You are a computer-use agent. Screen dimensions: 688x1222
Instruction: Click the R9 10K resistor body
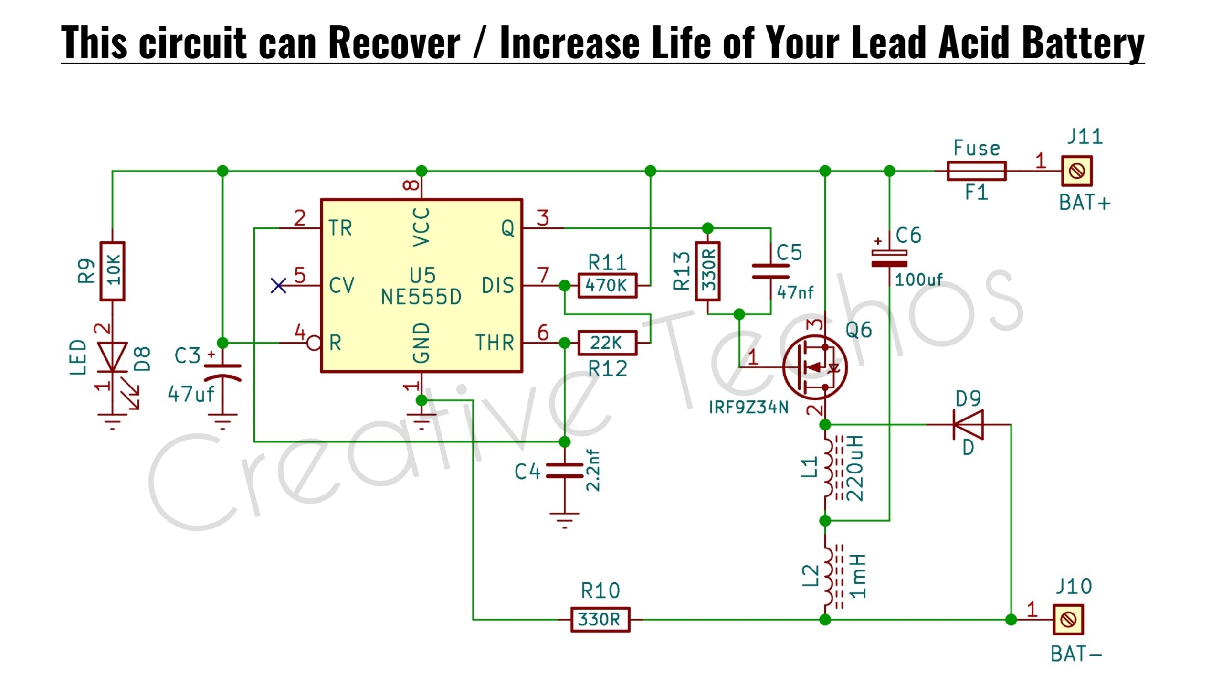pyautogui.click(x=112, y=271)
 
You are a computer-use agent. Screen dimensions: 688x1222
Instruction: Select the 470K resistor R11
pyautogui.click(x=607, y=286)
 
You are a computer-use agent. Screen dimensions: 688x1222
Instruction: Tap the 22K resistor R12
pyautogui.click(x=607, y=343)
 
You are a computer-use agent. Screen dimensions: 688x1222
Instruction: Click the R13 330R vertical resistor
pyautogui.click(x=708, y=271)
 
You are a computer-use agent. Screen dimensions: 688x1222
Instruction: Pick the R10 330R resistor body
pyautogui.click(x=600, y=620)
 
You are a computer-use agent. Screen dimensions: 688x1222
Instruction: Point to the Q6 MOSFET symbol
pyautogui.click(x=815, y=367)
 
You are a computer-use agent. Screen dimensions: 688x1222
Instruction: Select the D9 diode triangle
pyautogui.click(x=968, y=424)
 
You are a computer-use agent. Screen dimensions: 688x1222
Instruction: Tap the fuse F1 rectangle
pyautogui.click(x=977, y=171)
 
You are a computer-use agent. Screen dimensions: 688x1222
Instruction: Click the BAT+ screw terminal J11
pyautogui.click(x=1077, y=171)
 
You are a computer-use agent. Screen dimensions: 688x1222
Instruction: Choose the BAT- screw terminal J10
pyautogui.click(x=1068, y=620)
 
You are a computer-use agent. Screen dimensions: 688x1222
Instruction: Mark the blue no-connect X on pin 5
pyautogui.click(x=278, y=286)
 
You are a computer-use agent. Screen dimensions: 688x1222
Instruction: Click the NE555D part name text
pyautogui.click(x=421, y=298)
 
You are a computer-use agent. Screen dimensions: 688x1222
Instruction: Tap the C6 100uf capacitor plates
pyautogui.click(x=889, y=258)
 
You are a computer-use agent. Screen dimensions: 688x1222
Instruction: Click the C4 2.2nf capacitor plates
pyautogui.click(x=565, y=471)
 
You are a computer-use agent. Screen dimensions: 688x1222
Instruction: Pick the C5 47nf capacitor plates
pyautogui.click(x=770, y=271)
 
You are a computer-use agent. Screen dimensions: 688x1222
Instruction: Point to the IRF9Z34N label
pyautogui.click(x=748, y=408)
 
